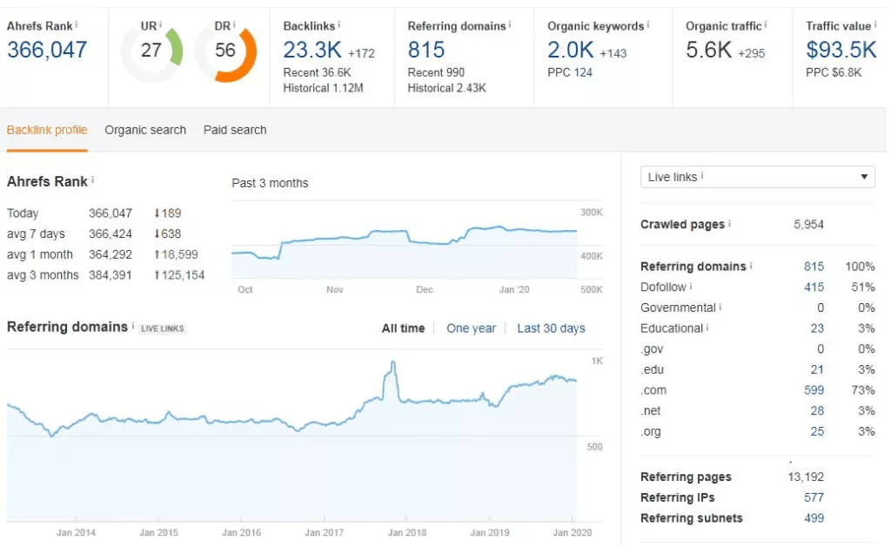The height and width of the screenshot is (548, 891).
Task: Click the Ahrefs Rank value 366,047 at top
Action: click(x=47, y=51)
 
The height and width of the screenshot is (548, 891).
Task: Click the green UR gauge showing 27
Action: click(x=151, y=51)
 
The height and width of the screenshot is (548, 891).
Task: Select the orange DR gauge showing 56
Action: click(x=225, y=51)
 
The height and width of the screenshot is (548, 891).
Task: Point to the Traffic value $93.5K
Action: click(x=841, y=51)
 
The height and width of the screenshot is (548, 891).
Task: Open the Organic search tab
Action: click(x=145, y=130)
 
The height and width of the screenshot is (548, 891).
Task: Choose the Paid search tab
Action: click(x=235, y=130)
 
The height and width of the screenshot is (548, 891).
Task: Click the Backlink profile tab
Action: click(x=47, y=130)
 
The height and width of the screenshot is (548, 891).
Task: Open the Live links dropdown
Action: click(x=757, y=177)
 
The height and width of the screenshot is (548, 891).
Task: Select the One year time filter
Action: click(x=471, y=328)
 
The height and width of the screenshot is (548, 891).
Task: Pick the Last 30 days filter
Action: click(x=551, y=328)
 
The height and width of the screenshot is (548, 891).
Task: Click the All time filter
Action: click(x=403, y=328)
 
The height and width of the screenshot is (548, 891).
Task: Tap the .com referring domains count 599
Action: click(x=814, y=390)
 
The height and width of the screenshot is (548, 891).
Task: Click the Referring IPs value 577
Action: click(x=814, y=497)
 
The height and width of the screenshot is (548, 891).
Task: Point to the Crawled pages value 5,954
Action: click(x=808, y=225)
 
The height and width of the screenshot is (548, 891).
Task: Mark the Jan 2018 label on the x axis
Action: click(x=406, y=532)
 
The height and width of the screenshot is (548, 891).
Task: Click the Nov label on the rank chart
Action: click(x=335, y=289)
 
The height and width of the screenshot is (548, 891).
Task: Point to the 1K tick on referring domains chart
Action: click(x=597, y=361)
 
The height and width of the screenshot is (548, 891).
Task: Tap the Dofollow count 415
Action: click(x=814, y=288)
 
